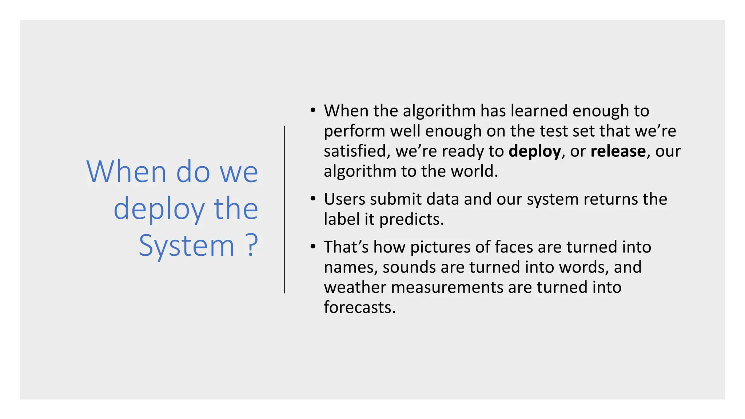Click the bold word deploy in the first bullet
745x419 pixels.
pos(534,151)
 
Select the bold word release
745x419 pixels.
pos(618,151)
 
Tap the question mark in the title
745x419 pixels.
pos(251,246)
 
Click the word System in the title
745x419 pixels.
pos(186,246)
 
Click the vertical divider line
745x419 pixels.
pos(284,209)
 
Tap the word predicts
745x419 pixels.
pos(411,219)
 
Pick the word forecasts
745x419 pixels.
pos(359,307)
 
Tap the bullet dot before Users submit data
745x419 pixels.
pos(313,199)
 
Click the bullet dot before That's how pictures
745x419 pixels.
pos(313,246)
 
